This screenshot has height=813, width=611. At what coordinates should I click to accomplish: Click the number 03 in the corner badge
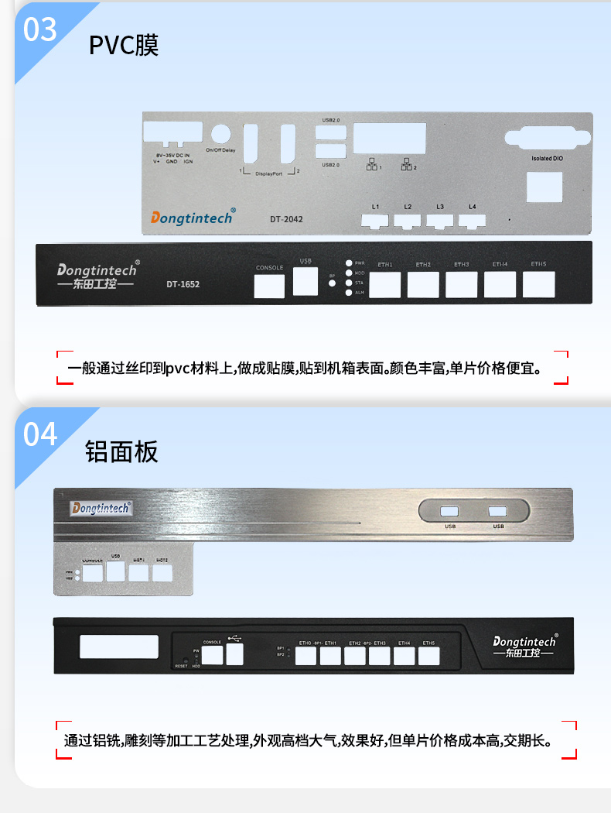click(x=40, y=29)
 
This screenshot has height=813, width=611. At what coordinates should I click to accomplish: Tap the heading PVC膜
click(x=124, y=45)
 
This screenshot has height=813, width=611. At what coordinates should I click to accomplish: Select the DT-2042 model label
click(x=286, y=219)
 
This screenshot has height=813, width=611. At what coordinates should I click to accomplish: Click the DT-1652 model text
click(x=183, y=284)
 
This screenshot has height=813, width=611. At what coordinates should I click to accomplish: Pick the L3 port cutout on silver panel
click(x=440, y=221)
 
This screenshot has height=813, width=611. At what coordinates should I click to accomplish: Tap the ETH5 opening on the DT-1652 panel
click(x=538, y=284)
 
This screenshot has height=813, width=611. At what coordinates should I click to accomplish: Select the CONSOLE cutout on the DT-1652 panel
click(x=270, y=286)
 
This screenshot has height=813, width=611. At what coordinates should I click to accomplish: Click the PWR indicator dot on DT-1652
click(x=349, y=263)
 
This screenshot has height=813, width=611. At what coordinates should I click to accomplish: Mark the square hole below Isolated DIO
click(x=544, y=188)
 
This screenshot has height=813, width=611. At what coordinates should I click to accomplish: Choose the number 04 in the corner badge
click(x=40, y=434)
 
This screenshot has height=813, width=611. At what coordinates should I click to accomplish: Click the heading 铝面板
click(x=121, y=451)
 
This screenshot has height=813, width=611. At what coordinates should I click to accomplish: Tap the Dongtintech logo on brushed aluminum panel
click(x=101, y=508)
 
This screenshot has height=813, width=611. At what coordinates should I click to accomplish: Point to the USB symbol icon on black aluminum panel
click(x=234, y=640)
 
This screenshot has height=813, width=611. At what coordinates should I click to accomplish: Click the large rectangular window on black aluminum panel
click(x=119, y=647)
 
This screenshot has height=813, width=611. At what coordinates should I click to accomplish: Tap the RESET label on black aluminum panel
click(x=181, y=665)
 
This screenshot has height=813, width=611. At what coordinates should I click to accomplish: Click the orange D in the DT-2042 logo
click(x=155, y=219)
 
